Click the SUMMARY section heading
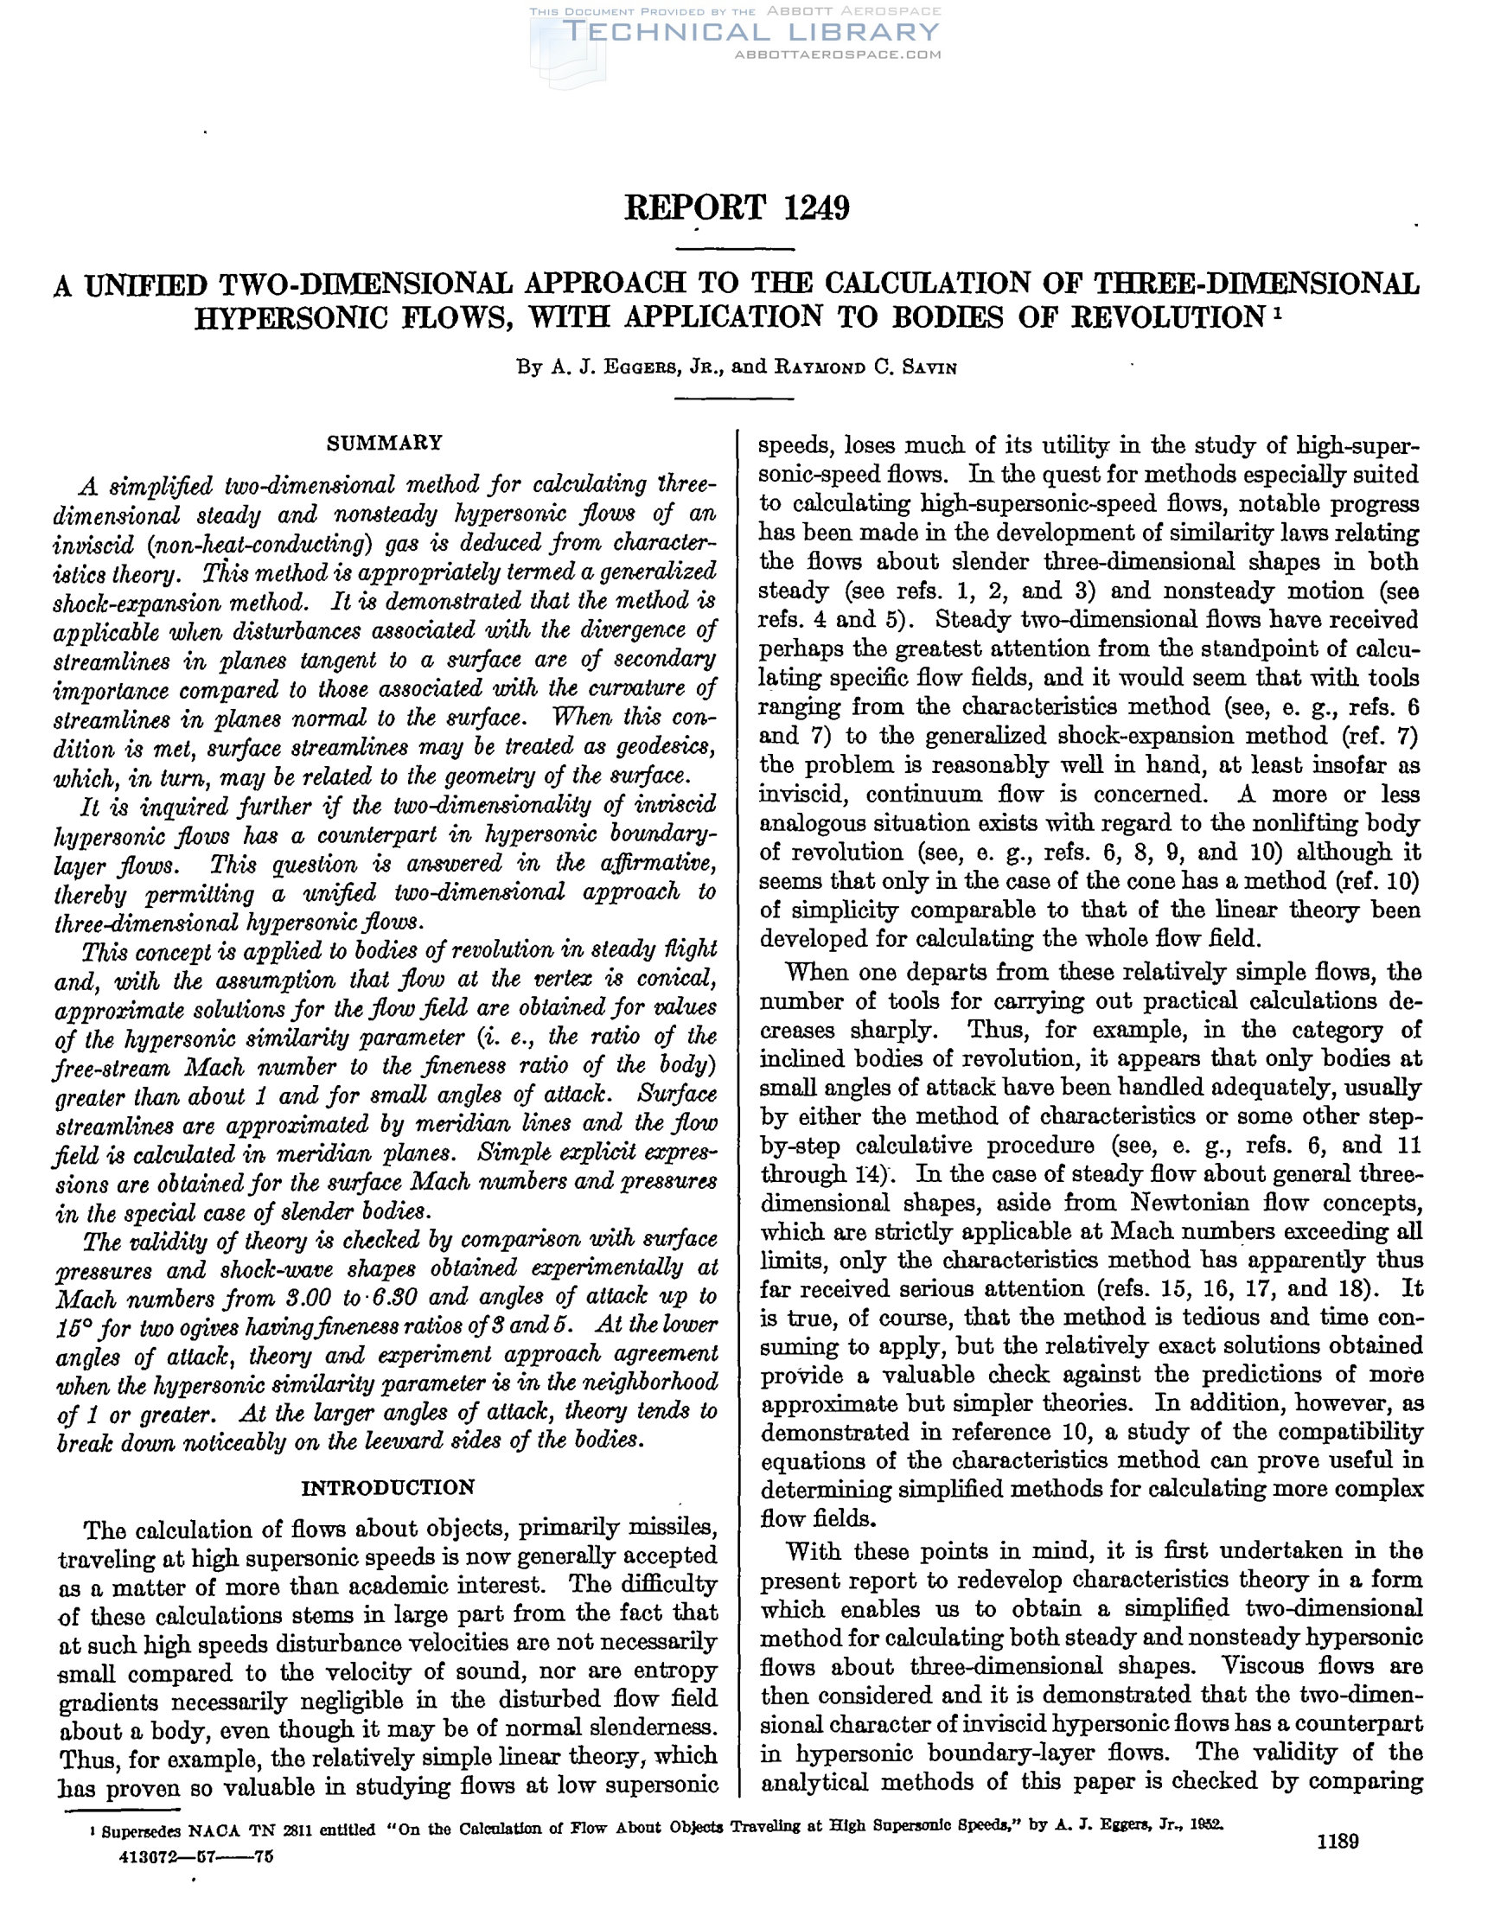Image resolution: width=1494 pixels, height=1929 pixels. (x=384, y=443)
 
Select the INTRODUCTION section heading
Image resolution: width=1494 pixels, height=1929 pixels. (x=387, y=1487)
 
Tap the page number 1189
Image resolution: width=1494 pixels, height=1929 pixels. (x=1337, y=1842)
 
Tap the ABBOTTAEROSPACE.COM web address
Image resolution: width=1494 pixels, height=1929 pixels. (x=837, y=54)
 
